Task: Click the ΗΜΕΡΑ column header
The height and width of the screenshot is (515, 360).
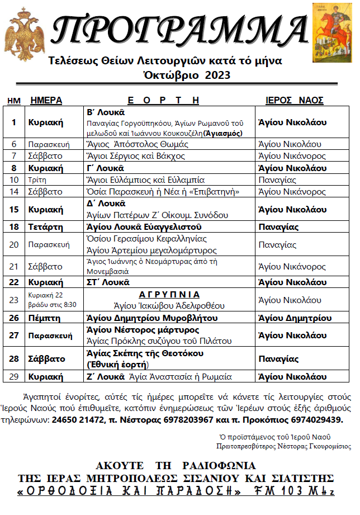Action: (x=46, y=101)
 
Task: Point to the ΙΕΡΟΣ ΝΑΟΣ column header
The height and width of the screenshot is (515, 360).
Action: (x=294, y=101)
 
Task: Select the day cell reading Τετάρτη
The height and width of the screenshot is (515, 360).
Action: (x=46, y=227)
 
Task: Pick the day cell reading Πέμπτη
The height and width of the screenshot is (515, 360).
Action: (x=44, y=318)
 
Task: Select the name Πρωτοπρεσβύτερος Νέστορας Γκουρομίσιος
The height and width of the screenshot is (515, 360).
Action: (x=283, y=446)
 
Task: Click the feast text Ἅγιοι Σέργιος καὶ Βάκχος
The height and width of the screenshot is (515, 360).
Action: (x=130, y=156)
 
